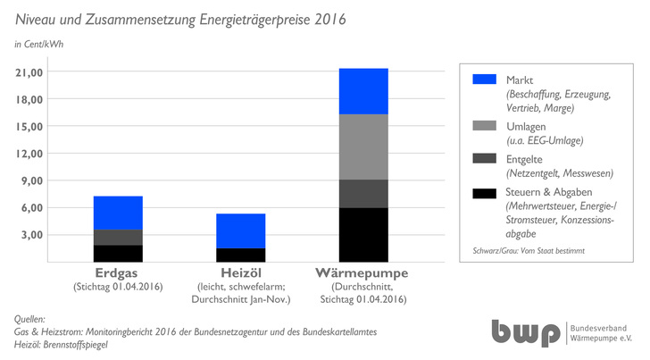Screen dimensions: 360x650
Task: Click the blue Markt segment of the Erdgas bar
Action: pos(118,213)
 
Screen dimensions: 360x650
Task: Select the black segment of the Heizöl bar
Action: pos(240,255)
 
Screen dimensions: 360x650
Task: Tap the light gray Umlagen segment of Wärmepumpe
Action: pos(362,147)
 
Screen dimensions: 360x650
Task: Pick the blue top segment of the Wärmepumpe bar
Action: pos(362,91)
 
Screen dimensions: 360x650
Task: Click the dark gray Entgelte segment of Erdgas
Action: pos(118,238)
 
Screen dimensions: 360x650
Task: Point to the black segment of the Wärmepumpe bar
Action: pos(362,234)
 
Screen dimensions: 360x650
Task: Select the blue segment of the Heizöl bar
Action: pos(240,230)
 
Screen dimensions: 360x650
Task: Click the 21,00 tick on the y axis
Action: pos(29,71)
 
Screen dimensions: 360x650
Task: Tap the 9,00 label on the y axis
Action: pos(32,180)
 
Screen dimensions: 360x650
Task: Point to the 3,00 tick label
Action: pos(32,235)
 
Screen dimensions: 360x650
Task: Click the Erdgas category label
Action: pos(118,272)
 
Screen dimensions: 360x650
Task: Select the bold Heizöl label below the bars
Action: pos(240,272)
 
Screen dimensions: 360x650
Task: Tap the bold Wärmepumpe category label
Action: pos(362,272)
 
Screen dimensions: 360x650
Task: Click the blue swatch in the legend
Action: pos(483,80)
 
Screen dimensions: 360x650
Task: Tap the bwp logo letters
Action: pos(526,332)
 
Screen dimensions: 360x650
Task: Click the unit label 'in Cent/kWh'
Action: pos(39,43)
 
